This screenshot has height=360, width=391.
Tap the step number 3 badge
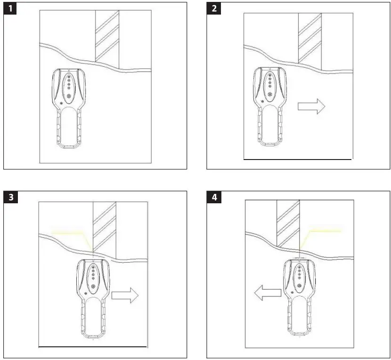(10, 197)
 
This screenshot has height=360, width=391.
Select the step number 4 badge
(214, 197)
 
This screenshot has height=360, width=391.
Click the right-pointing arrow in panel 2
(311, 106)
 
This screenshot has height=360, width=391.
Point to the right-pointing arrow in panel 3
(125, 295)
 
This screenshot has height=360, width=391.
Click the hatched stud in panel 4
(288, 222)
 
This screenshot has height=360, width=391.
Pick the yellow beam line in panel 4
(325, 231)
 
